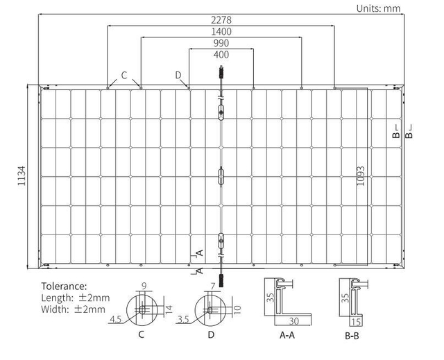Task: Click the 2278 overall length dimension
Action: [x=221, y=20]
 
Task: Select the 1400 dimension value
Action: [x=221, y=31]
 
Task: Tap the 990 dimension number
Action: [x=221, y=43]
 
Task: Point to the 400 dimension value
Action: [x=221, y=55]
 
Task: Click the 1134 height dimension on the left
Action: [x=22, y=175]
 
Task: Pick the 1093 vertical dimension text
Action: [x=361, y=175]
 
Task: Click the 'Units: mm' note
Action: [x=378, y=8]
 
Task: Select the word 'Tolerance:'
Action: [x=64, y=286]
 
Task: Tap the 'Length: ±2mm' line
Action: [x=76, y=298]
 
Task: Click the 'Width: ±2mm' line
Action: [x=73, y=309]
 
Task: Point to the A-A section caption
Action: [x=287, y=335]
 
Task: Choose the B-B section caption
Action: [x=352, y=336]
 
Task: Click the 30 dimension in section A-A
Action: [x=294, y=321]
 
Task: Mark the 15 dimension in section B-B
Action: [x=357, y=322]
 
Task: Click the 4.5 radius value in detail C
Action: [x=115, y=320]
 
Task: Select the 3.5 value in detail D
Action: [x=183, y=320]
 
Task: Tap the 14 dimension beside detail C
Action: [x=169, y=309]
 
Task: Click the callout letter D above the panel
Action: [x=178, y=75]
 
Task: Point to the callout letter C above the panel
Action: [x=124, y=76]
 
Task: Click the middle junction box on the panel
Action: [x=221, y=176]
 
